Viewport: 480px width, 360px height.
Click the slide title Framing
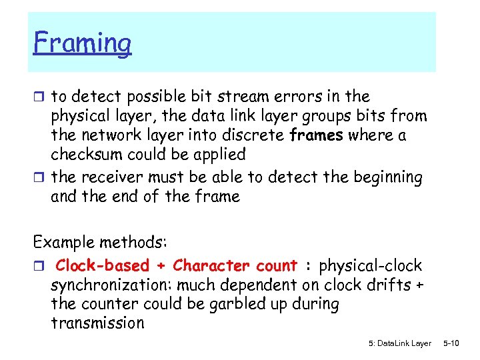[x=83, y=44]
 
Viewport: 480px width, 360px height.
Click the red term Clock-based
[x=103, y=266]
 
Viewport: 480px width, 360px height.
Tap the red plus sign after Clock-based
[x=161, y=266]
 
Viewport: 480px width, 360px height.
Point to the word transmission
[x=97, y=323]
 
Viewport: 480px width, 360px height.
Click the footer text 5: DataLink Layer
[x=399, y=343]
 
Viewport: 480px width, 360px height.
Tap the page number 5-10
[x=451, y=343]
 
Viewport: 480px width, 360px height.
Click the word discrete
[x=257, y=135]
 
